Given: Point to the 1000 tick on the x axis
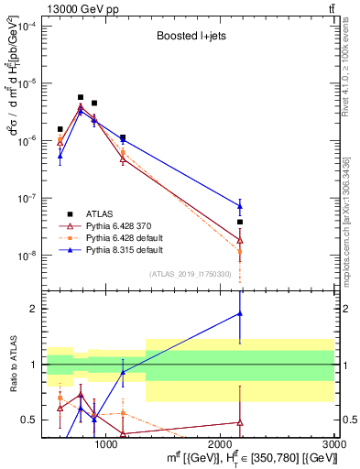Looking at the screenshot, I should pos(106,443).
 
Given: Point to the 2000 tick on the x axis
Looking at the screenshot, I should pos(221,443).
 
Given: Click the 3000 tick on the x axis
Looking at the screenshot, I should pos(333,443).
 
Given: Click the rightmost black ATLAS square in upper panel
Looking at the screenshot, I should pos(240,222).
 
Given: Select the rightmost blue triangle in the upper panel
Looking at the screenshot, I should pos(240,206).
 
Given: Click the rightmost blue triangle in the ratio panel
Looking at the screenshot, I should pos(240,313).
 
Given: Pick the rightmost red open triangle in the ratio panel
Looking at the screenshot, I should pos(240,422).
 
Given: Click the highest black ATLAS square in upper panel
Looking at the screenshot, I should pos(81,97).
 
